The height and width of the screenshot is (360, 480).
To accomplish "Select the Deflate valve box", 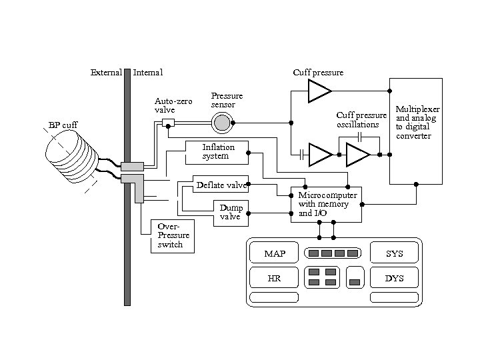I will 220,185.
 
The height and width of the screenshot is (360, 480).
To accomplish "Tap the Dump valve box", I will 230,211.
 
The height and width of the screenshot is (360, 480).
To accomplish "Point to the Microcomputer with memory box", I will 327,204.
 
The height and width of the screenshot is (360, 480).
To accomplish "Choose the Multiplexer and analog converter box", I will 416,131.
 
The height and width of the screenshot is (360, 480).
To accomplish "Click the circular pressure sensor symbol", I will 221,122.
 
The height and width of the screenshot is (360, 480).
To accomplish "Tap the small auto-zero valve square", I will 168,122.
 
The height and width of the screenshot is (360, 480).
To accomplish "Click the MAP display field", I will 274,254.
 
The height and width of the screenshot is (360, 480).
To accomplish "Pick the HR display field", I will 274,278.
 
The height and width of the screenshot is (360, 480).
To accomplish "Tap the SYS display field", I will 395,254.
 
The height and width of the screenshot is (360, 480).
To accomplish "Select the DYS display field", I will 395,278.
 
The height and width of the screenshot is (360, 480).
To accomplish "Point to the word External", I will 105,72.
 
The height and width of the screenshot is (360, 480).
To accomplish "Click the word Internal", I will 148,72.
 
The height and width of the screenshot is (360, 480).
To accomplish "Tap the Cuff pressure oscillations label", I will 361,120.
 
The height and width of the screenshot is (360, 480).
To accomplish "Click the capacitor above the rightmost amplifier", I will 359,137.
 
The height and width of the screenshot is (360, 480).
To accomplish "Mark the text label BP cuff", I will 63,125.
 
